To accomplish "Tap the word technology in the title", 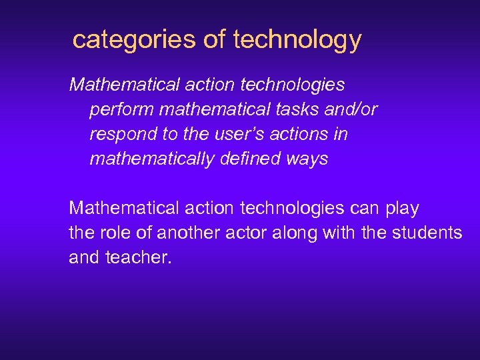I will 297,40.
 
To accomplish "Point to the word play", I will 402,209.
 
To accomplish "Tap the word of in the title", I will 215,40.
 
